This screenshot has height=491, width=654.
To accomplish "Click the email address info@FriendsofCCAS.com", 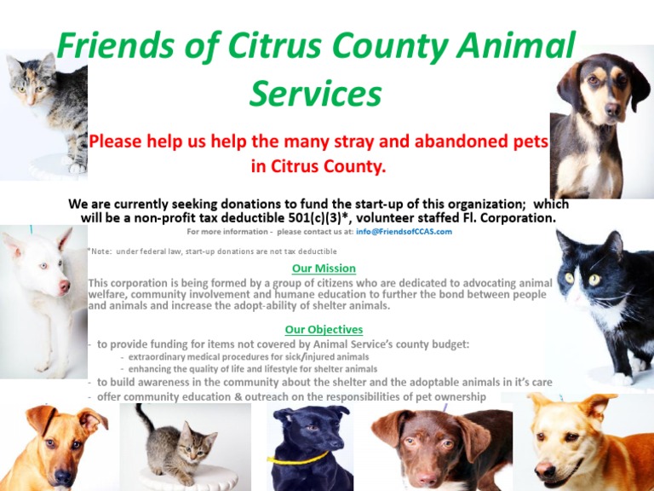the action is coord(404,232).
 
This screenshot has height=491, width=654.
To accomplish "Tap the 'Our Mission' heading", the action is coord(324,269).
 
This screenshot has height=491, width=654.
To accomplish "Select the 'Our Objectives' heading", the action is coord(324,330).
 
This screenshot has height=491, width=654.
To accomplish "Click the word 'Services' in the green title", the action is coord(315,93).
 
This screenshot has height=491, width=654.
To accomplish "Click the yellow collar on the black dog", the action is coord(297,459).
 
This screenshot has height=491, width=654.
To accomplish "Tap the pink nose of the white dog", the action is coord(64,286).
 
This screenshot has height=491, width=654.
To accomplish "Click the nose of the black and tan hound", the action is coord(612,110).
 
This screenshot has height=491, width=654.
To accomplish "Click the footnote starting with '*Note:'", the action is coord(212,251).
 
